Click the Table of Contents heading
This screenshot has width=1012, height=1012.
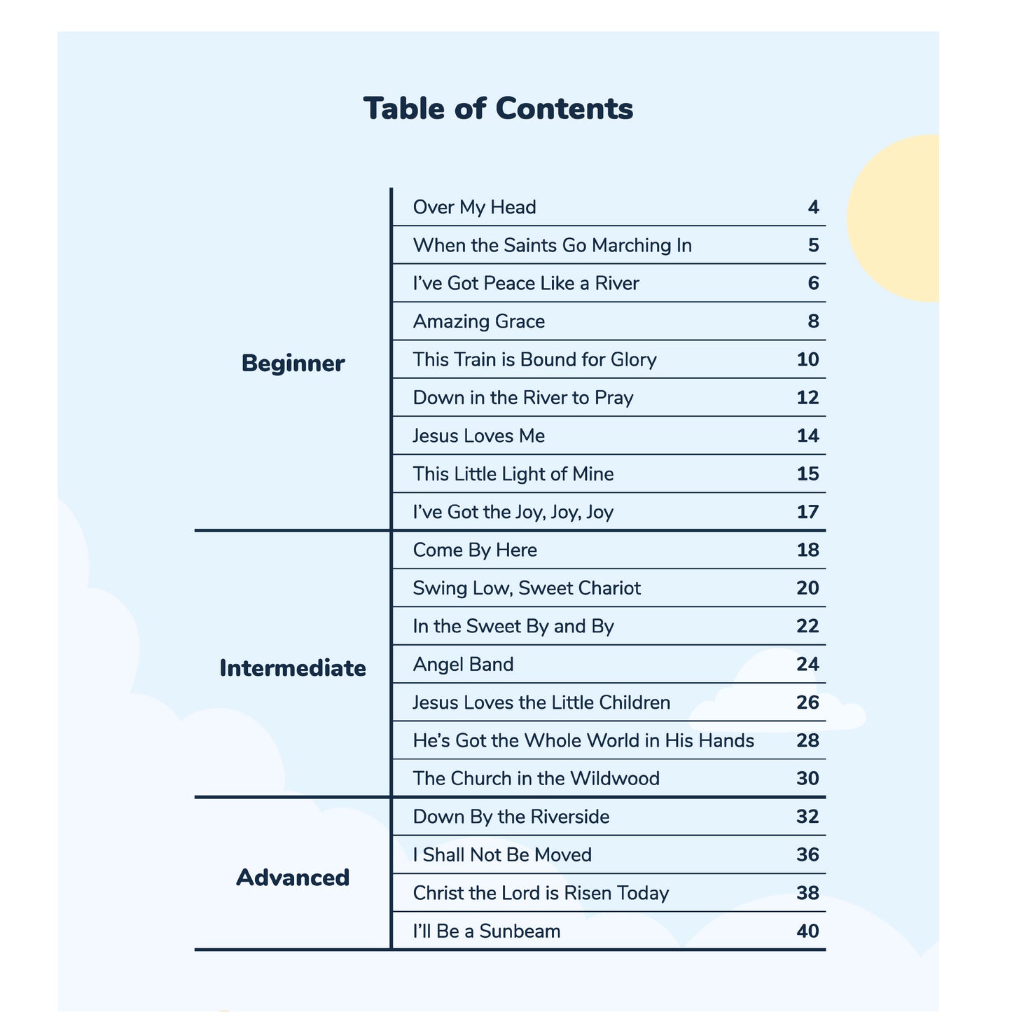coord(498,109)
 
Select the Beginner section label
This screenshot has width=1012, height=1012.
coord(293,364)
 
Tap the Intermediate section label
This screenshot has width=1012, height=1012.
coord(293,668)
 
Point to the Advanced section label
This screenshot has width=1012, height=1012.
coord(293,877)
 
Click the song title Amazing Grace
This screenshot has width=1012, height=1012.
coord(479,321)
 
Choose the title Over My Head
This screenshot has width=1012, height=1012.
coord(475,207)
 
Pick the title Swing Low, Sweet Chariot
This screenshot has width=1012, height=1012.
coord(527,588)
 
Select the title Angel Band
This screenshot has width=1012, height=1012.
coord(464,664)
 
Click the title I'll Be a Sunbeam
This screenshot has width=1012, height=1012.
coord(487,931)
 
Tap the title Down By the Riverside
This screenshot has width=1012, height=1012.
coord(511,817)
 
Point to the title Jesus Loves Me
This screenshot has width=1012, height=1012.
coord(479,436)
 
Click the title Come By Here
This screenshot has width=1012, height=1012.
coord(475,550)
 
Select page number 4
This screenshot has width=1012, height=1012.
coord(812,207)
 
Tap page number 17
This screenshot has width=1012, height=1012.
coord(807,512)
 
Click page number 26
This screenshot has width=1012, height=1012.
coord(807,702)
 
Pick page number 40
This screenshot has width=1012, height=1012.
coord(807,931)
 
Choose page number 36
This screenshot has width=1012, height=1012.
coord(807,855)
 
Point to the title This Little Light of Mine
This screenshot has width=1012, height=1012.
coord(513,474)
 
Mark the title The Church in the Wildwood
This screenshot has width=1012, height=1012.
coord(536,779)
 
